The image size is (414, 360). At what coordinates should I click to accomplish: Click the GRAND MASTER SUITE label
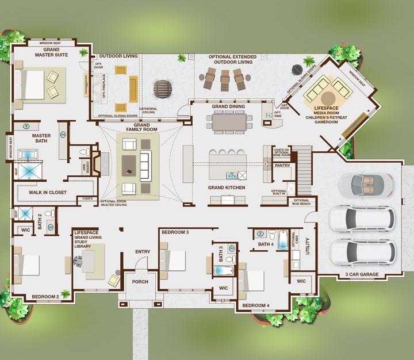tap(52, 53)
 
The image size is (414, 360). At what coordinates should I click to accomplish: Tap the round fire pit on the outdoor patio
tap(162, 89)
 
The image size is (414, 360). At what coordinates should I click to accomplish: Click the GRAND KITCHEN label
tap(227, 188)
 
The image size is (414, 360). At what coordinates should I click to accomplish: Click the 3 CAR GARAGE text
tap(362, 274)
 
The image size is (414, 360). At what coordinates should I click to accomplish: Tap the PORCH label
tap(140, 282)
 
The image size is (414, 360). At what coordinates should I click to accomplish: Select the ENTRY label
tap(143, 251)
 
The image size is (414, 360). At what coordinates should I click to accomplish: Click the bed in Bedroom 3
tap(174, 260)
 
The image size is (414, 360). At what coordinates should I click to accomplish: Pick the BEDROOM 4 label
tap(254, 305)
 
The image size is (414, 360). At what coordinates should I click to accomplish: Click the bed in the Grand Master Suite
tap(32, 85)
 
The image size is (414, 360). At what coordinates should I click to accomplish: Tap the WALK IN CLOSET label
tap(48, 193)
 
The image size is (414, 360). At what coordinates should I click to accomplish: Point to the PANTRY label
tap(282, 165)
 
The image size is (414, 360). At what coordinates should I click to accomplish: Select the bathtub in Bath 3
tap(223, 270)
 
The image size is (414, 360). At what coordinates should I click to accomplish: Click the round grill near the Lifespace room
tap(297, 70)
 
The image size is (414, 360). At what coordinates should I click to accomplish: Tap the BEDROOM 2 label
tap(45, 297)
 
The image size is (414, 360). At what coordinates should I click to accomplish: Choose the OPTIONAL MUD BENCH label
tap(301, 202)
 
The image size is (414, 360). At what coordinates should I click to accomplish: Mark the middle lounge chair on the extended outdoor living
tap(225, 79)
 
